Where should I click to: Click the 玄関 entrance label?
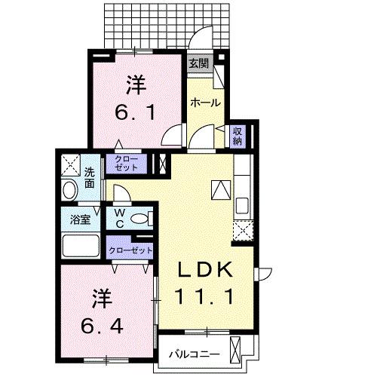pos(198,63)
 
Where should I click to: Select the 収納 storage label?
pos(238,136)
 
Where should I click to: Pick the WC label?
pos(120,218)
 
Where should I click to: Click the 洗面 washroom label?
pos(90,176)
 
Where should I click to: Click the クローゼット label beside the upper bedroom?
pos(126,164)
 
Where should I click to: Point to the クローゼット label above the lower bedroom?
pos(130,250)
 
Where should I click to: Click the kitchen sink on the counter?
pos(243,204)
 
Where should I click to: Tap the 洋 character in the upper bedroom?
pos(135,84)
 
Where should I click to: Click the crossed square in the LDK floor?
pos(221,189)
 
